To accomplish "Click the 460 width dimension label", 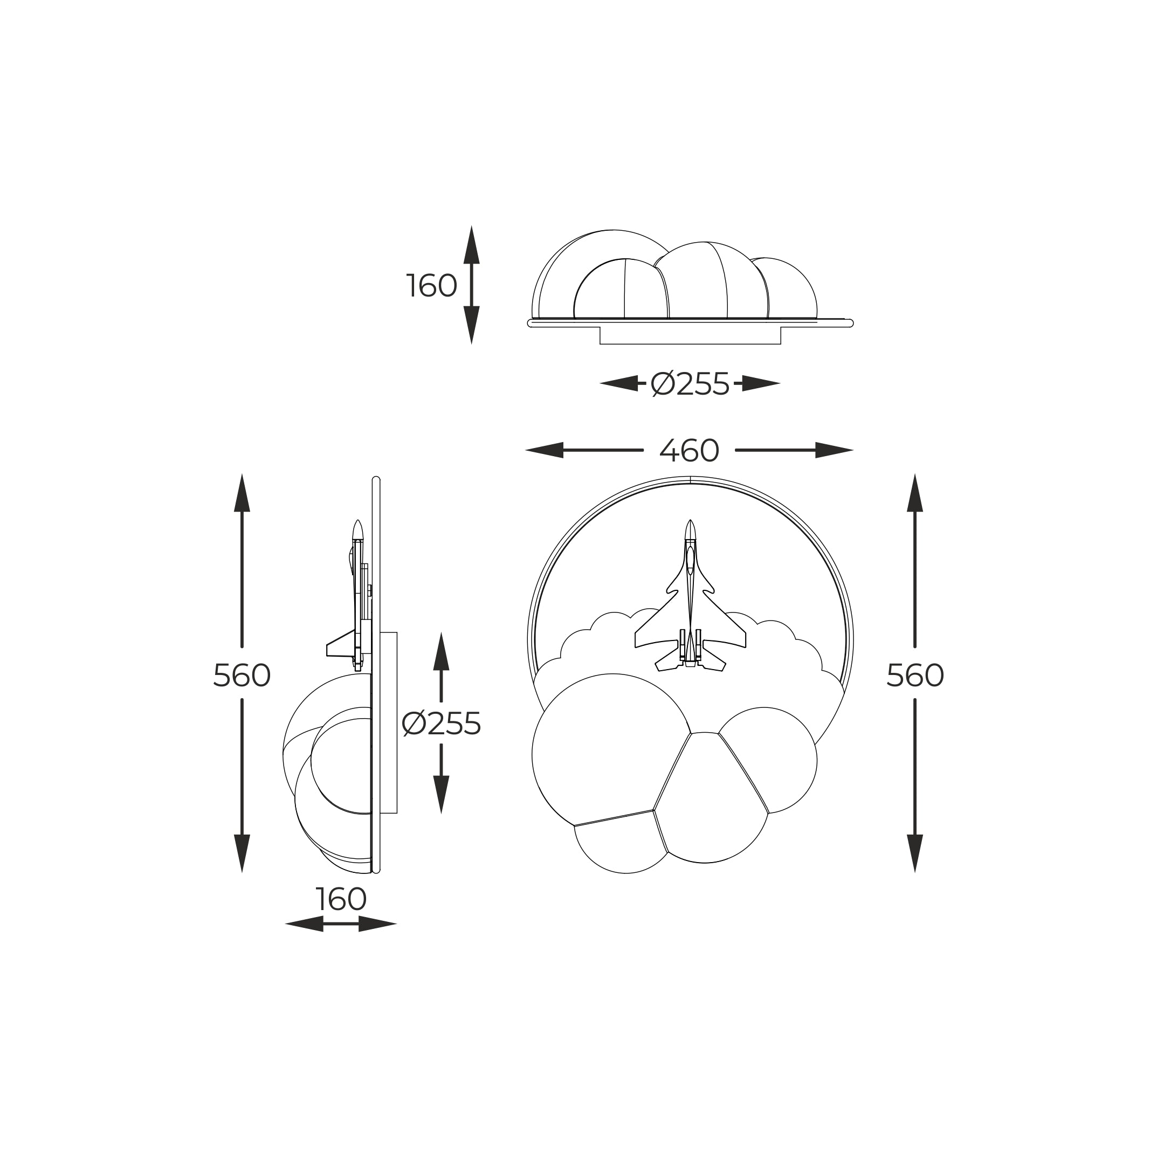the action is pos(689,451).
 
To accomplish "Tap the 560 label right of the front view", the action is pos(915,676).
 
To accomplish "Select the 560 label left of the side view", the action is pos(242,676).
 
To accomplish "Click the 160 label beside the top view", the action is pos(432,286).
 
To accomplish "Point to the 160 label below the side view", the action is pos(341,899).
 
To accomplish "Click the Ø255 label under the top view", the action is pos(690,384).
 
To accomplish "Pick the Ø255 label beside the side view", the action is pos(442,724).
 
